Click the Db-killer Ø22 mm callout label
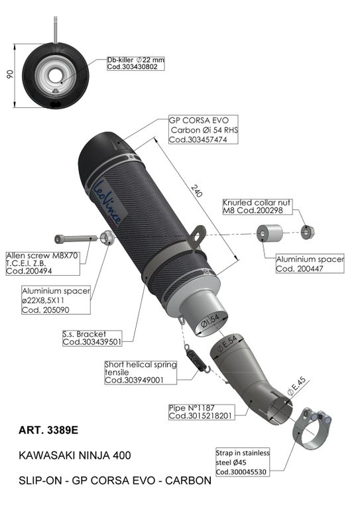coord(136,64)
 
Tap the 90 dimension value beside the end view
coord(10,74)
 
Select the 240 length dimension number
coord(196,191)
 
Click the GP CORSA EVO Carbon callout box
coord(204,129)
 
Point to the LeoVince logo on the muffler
coord(107,201)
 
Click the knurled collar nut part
coord(307,232)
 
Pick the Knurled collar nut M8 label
coord(257,207)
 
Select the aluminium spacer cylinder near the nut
coord(269,233)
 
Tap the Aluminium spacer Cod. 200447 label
coord(310,264)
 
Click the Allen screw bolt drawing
coord(76,239)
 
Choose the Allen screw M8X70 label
coord(42,263)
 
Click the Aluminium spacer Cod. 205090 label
coord(56,300)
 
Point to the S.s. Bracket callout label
coord(92,338)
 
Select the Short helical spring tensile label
coord(141,372)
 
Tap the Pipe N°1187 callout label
coord(202,412)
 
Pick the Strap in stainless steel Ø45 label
coord(243,462)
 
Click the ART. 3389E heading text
coord(48,430)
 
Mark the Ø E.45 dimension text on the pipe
coord(297,386)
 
